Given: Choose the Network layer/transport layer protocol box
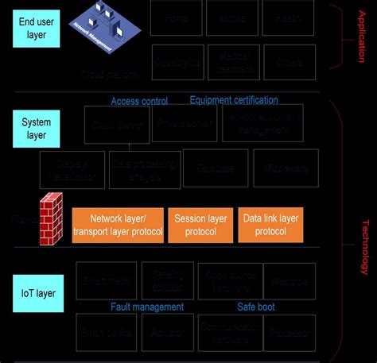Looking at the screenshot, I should [118, 226].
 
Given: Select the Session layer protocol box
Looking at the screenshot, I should [200, 226].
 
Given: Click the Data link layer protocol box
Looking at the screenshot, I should [270, 226].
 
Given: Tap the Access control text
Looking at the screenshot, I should [139, 101].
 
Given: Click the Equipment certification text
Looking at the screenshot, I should [234, 100].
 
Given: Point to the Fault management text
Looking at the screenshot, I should [147, 307].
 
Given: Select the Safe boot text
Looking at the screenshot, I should [256, 307].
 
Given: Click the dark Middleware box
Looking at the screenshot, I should [284, 168].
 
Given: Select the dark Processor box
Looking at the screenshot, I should [290, 333].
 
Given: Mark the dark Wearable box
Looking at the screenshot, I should [290, 281].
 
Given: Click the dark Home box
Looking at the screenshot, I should [175, 17].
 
